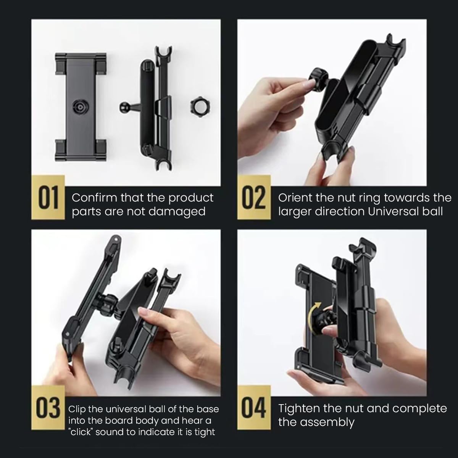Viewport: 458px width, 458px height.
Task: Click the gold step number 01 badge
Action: point(48,197)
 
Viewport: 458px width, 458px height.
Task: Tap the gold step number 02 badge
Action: point(254,197)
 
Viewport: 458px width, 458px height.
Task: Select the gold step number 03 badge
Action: point(48,407)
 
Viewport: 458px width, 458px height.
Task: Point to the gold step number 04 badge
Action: point(254,407)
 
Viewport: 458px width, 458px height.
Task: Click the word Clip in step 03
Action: point(77,409)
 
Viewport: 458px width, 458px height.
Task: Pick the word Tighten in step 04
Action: point(298,408)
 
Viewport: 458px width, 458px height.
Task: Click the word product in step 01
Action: point(191,198)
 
